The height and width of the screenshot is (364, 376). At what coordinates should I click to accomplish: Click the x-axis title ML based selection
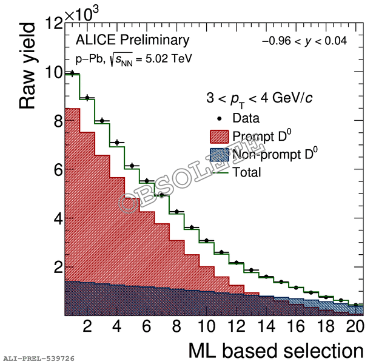coord(276,350)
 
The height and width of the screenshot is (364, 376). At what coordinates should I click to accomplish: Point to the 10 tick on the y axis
coord(52,73)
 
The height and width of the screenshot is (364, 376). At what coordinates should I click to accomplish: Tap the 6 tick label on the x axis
coord(146,326)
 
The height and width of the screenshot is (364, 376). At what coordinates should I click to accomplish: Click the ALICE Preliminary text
coord(132,41)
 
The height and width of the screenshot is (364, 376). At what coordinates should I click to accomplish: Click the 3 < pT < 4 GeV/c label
coord(260,98)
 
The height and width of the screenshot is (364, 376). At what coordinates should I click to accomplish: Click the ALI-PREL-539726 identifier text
coord(38,359)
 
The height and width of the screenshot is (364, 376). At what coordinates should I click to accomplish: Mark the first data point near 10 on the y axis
coord(72,73)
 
